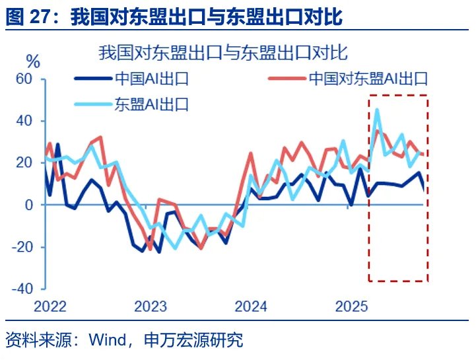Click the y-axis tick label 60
coord(24,79)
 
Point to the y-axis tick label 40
coord(24,121)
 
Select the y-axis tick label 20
coord(24,163)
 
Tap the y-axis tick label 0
coord(28,205)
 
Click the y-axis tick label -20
coord(21,247)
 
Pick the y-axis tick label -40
coord(21,289)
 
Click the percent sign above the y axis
coord(33,61)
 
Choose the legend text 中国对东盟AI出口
coord(368,79)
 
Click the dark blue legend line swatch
coord(92,79)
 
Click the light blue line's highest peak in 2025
coord(377,110)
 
